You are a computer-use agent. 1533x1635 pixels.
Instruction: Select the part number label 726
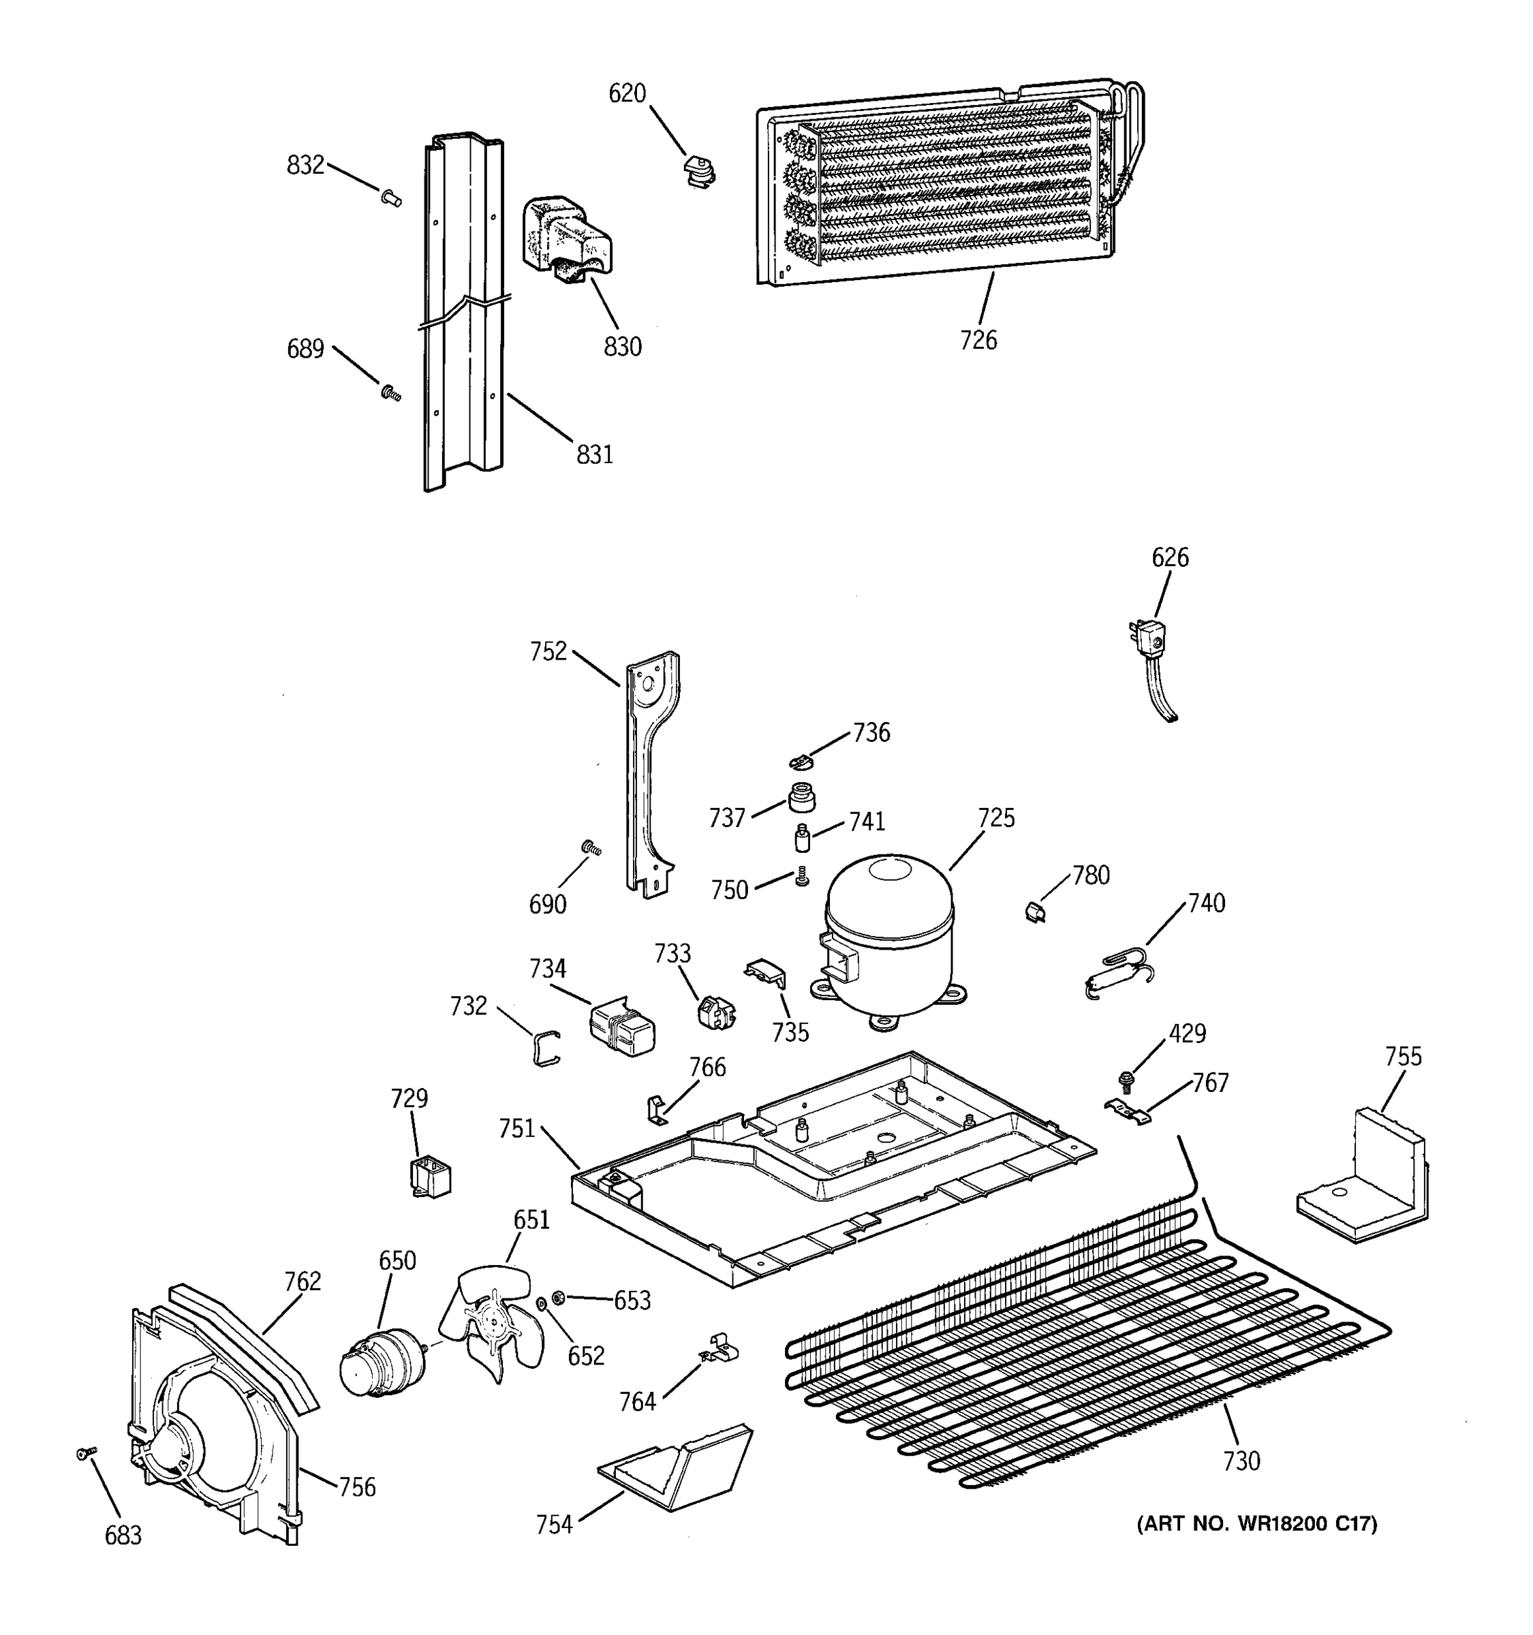(x=978, y=340)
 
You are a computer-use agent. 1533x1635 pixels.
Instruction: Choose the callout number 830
(x=623, y=347)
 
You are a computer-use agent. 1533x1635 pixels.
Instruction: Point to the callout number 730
(x=1241, y=1461)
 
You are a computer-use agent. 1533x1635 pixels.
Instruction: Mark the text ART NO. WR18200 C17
(x=1256, y=1524)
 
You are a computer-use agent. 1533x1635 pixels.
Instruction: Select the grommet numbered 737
(x=799, y=797)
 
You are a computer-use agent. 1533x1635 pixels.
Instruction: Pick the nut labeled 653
(x=557, y=1297)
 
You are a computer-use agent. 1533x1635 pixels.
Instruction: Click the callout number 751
(x=516, y=1130)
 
